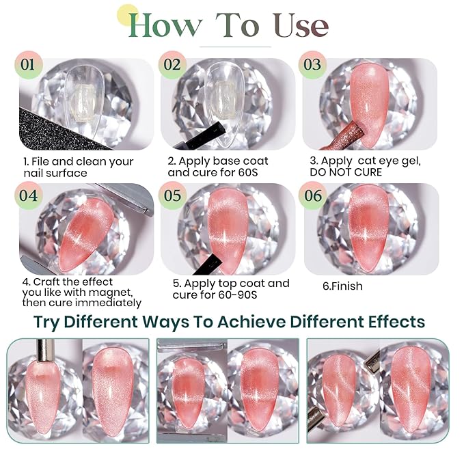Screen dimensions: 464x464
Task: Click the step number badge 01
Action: pos(29,65)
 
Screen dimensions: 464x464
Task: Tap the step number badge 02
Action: pos(172,65)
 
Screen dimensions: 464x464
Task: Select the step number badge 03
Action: pos(312,65)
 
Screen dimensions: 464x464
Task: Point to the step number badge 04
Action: pos(29,195)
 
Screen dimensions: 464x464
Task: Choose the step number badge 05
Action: pos(172,195)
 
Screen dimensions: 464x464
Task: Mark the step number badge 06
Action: pos(312,195)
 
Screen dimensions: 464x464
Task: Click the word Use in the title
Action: pos(301,25)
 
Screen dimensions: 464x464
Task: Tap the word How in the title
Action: pos(165,25)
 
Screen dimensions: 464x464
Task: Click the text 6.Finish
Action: pos(342,286)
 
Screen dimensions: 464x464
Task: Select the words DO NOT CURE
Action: pos(346,172)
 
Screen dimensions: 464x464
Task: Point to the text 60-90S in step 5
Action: pos(238,295)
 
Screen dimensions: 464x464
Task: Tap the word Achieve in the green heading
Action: pos(252,322)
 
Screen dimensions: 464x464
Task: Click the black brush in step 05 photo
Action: pos(206,264)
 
